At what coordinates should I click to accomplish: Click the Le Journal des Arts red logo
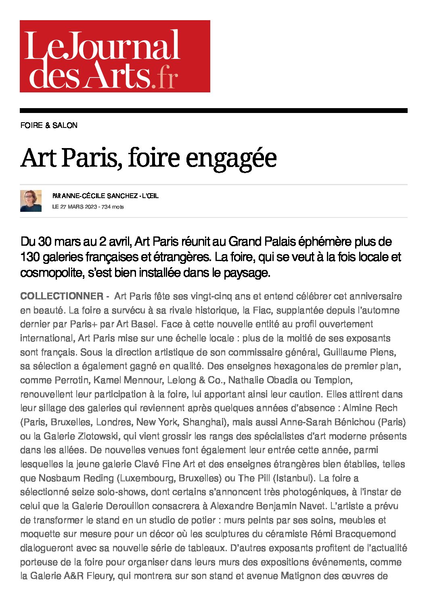point(115,56)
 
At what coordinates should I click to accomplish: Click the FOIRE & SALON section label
point(49,125)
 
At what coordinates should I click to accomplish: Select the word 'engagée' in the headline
point(231,158)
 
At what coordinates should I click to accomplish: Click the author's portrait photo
point(31,201)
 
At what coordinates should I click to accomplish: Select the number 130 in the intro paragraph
point(29,257)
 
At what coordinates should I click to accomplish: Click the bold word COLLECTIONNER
point(62,296)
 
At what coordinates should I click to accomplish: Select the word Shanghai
point(203,422)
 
